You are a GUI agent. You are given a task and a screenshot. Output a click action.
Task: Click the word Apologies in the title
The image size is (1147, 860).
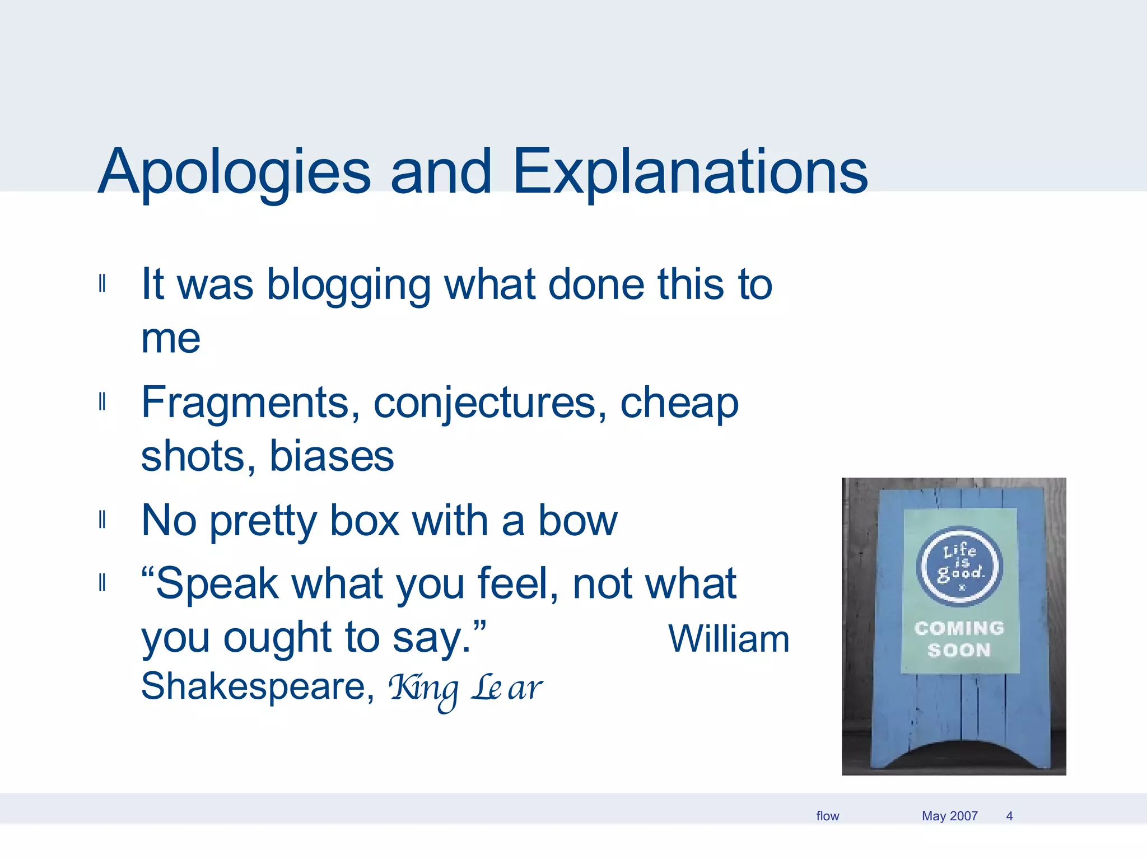(234, 172)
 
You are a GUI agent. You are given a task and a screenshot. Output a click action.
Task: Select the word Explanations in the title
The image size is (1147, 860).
(689, 172)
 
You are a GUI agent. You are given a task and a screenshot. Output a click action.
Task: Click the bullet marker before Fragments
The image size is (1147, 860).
(102, 402)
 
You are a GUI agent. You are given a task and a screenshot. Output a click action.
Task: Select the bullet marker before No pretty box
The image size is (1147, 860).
(102, 520)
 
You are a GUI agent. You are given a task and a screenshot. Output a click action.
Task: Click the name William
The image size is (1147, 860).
(729, 639)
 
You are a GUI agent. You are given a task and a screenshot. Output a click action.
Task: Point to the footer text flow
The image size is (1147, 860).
(827, 816)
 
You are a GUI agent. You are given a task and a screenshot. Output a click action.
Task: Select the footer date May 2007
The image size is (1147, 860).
(949, 816)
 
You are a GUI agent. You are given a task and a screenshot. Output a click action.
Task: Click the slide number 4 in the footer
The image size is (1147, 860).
(1009, 816)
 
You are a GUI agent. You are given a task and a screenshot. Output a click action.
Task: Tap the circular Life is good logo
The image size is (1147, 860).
(959, 566)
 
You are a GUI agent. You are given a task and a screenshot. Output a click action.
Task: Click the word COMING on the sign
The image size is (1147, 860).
(959, 628)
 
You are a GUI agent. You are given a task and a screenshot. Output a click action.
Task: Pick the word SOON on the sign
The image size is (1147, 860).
(959, 650)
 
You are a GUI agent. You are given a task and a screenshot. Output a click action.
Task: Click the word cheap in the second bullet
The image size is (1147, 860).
(679, 403)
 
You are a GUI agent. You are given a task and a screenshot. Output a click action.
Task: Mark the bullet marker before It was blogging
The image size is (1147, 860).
(102, 284)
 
